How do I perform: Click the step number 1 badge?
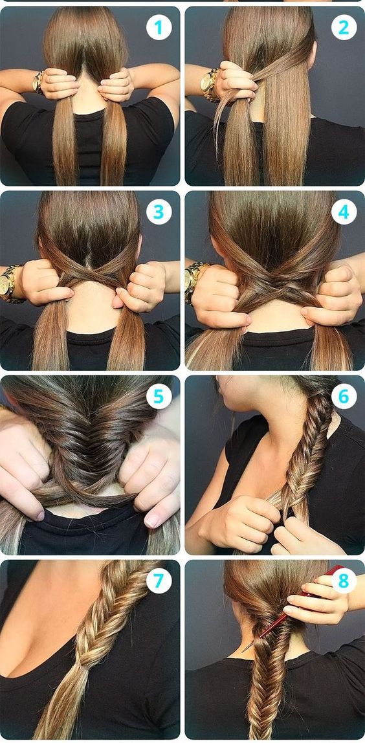click(x=159, y=28)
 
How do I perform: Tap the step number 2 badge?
click(x=344, y=28)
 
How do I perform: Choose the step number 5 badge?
click(x=159, y=395)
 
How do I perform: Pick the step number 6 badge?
click(x=344, y=395)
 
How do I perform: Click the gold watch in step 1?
click(x=38, y=82)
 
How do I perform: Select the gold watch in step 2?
click(x=208, y=84)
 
